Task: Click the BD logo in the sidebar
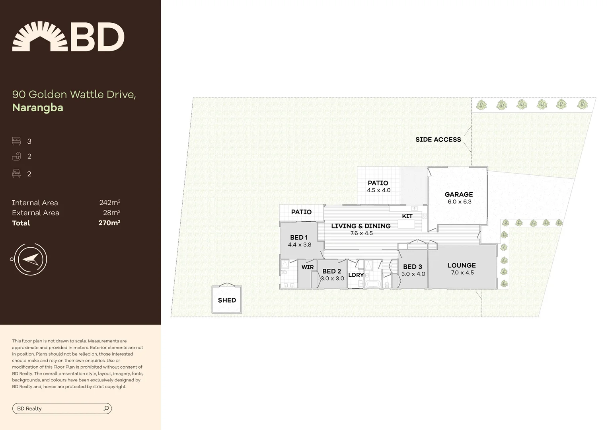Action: click(x=68, y=37)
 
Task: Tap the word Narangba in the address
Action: click(x=38, y=107)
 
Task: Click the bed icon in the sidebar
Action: click(x=16, y=141)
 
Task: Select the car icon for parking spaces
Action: click(x=16, y=173)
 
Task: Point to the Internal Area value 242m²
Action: click(x=109, y=203)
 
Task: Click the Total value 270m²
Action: click(x=109, y=223)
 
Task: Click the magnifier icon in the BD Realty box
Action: click(x=106, y=408)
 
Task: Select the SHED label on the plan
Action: click(x=227, y=300)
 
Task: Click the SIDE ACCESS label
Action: click(x=438, y=139)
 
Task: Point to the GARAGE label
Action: click(x=459, y=194)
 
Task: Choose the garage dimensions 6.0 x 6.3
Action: click(x=460, y=202)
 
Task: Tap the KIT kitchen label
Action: click(x=407, y=216)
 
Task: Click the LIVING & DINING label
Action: click(x=361, y=226)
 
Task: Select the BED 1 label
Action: click(x=299, y=237)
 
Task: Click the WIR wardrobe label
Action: click(x=308, y=267)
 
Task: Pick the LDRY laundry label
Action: click(x=356, y=275)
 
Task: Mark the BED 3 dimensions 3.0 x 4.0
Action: click(x=413, y=274)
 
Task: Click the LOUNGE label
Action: click(x=462, y=265)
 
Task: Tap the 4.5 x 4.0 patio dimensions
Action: click(x=378, y=190)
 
